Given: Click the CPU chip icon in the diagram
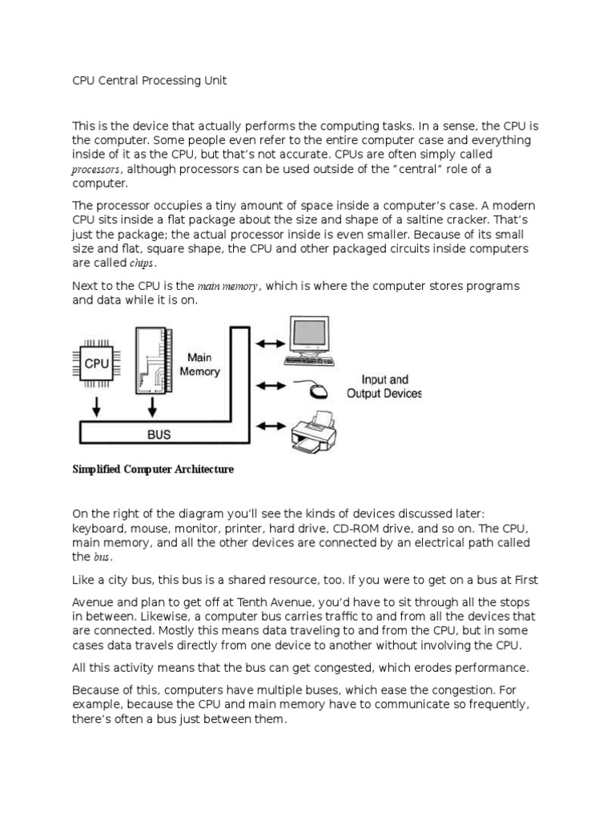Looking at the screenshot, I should coord(96,364).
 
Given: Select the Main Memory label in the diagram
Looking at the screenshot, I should coord(199,364).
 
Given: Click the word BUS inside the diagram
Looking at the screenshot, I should coord(159,435).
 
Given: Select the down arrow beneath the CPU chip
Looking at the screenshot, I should coord(96,407).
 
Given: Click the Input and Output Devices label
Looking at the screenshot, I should coord(384,387).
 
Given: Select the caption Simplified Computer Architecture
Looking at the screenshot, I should coord(153,469).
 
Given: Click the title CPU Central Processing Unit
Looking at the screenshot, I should coord(149,82).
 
